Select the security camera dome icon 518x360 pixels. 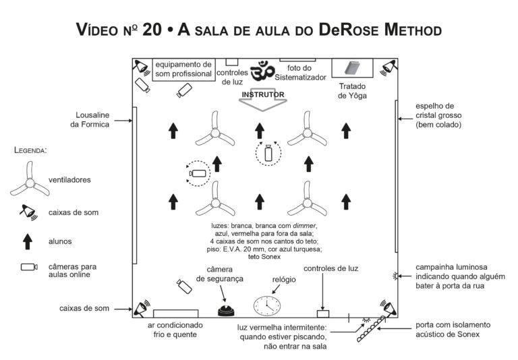click(225, 311)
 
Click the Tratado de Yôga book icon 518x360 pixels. click(351, 69)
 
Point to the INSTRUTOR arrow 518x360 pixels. click(263, 97)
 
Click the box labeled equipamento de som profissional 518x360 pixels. click(183, 69)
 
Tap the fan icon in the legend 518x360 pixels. click(29, 179)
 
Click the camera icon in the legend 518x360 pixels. click(28, 267)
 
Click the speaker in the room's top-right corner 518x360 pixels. click(388, 67)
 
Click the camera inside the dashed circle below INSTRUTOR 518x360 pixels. click(269, 153)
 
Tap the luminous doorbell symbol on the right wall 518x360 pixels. click(395, 275)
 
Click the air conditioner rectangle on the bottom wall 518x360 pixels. click(176, 313)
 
